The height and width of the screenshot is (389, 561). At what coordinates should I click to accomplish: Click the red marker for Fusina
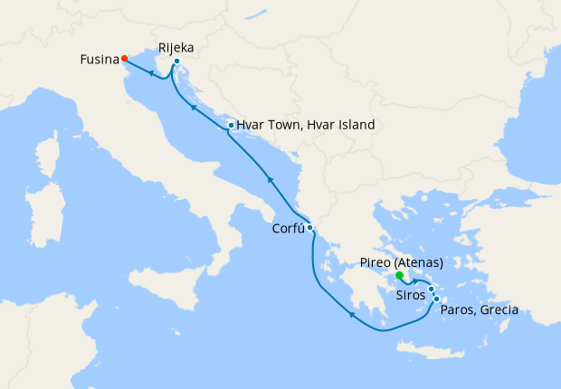click(124, 59)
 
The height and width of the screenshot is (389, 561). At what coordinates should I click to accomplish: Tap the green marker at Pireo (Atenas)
click(399, 277)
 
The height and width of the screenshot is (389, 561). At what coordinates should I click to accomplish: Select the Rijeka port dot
click(176, 62)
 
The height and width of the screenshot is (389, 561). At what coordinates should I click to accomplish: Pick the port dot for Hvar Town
click(231, 126)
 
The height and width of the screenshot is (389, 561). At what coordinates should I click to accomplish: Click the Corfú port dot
click(309, 227)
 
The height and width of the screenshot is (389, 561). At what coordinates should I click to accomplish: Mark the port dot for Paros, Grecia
click(436, 299)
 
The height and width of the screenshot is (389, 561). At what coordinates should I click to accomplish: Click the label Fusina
click(99, 60)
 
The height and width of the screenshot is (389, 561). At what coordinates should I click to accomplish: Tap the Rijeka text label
click(176, 47)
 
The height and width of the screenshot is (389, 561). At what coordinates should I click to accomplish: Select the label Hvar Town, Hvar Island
click(305, 126)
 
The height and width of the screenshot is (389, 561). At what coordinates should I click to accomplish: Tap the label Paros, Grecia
click(479, 310)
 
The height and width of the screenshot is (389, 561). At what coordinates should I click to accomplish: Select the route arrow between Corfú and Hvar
click(269, 181)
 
